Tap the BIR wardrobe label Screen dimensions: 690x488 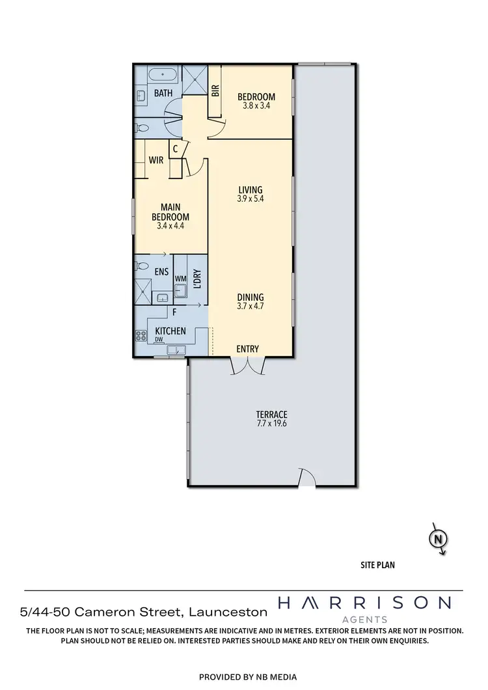click(216, 90)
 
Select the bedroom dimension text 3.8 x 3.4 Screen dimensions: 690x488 click(256, 105)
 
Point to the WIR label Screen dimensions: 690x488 click(156, 160)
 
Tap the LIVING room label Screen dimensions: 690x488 click(250, 190)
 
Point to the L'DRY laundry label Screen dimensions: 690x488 click(198, 279)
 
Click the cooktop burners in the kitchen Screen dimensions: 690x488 click(141, 336)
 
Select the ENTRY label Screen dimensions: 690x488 click(247, 349)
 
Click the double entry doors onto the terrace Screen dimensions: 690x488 click(248, 366)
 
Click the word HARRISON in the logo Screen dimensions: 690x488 click(364, 603)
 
